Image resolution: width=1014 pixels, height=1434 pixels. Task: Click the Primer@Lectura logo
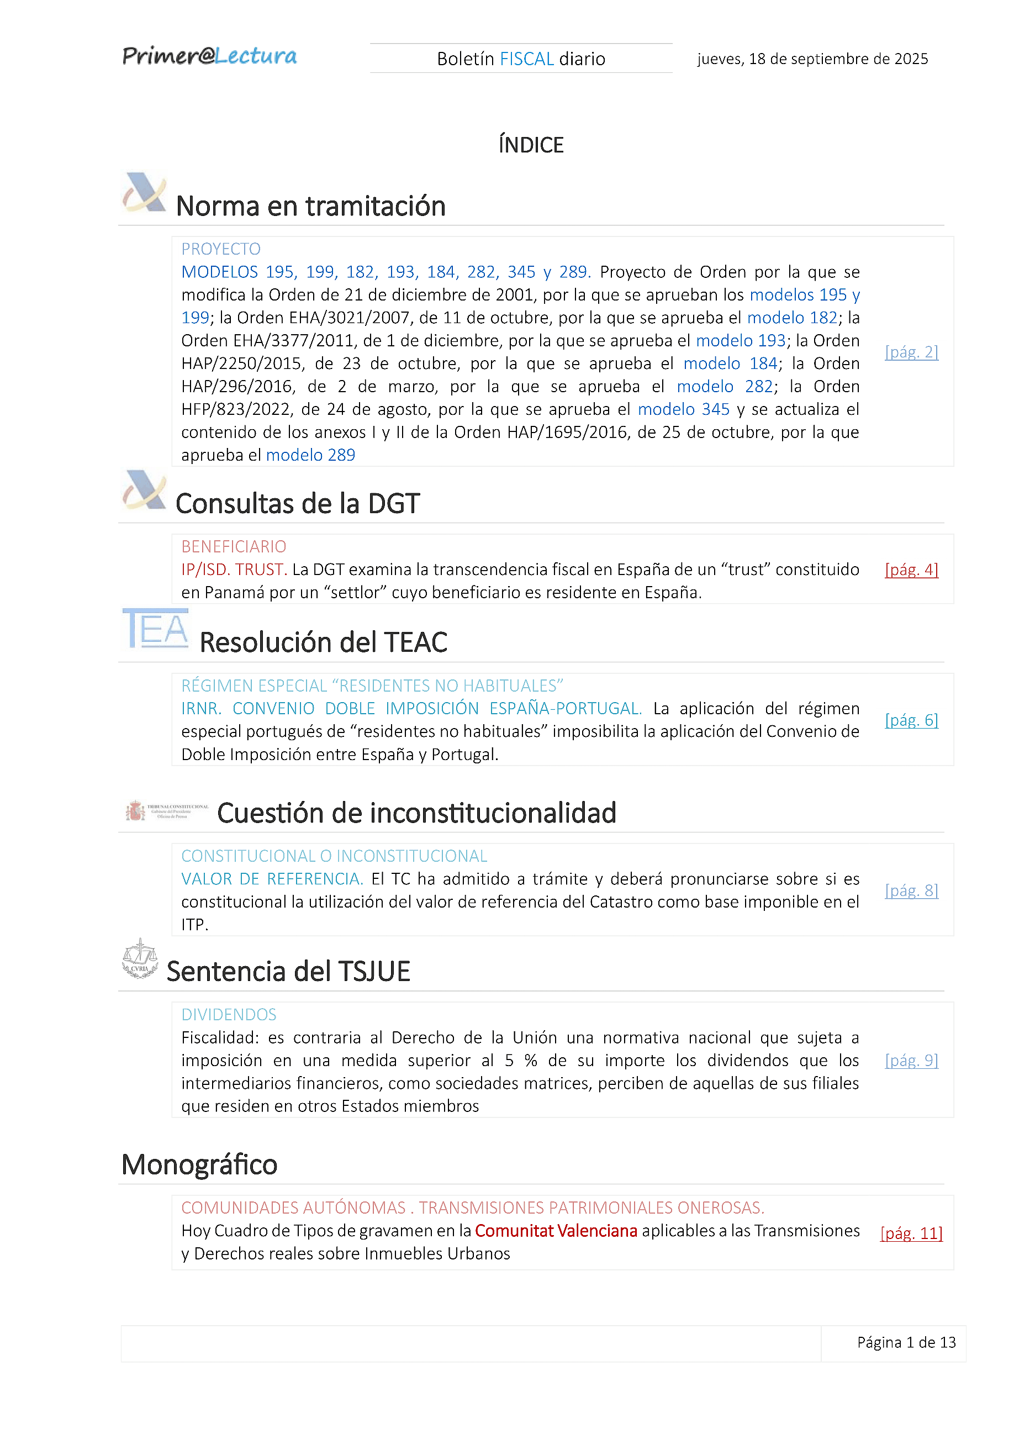pyautogui.click(x=209, y=56)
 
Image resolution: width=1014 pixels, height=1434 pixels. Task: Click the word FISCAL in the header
pyautogui.click(x=526, y=59)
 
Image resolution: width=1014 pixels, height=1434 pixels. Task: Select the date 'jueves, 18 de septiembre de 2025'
pyautogui.click(x=812, y=59)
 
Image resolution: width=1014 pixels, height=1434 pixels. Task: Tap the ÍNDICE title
pyautogui.click(x=531, y=145)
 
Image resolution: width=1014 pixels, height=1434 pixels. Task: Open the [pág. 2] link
pyautogui.click(x=911, y=352)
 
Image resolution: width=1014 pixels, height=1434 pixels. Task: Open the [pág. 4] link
pyautogui.click(x=911, y=570)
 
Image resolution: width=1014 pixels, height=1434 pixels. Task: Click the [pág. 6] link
pyautogui.click(x=911, y=720)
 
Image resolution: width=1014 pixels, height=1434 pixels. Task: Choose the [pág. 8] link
pyautogui.click(x=911, y=890)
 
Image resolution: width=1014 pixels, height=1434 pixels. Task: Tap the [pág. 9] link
pyautogui.click(x=911, y=1061)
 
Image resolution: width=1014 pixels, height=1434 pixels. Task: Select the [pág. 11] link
pyautogui.click(x=911, y=1233)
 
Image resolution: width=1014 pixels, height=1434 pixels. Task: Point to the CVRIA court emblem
pyautogui.click(x=139, y=958)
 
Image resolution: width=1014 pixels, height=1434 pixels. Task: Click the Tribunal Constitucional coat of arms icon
pyautogui.click(x=135, y=811)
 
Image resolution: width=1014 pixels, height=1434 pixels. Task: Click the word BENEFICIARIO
pyautogui.click(x=234, y=546)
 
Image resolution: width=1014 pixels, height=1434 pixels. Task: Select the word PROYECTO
pyautogui.click(x=221, y=249)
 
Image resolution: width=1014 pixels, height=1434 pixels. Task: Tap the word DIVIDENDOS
pyautogui.click(x=229, y=1015)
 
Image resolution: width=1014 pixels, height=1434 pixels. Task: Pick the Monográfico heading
pyautogui.click(x=199, y=1165)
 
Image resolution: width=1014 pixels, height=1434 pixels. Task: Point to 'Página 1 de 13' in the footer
pyautogui.click(x=906, y=1343)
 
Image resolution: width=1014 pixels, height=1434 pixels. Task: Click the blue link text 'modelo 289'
pyautogui.click(x=310, y=455)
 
